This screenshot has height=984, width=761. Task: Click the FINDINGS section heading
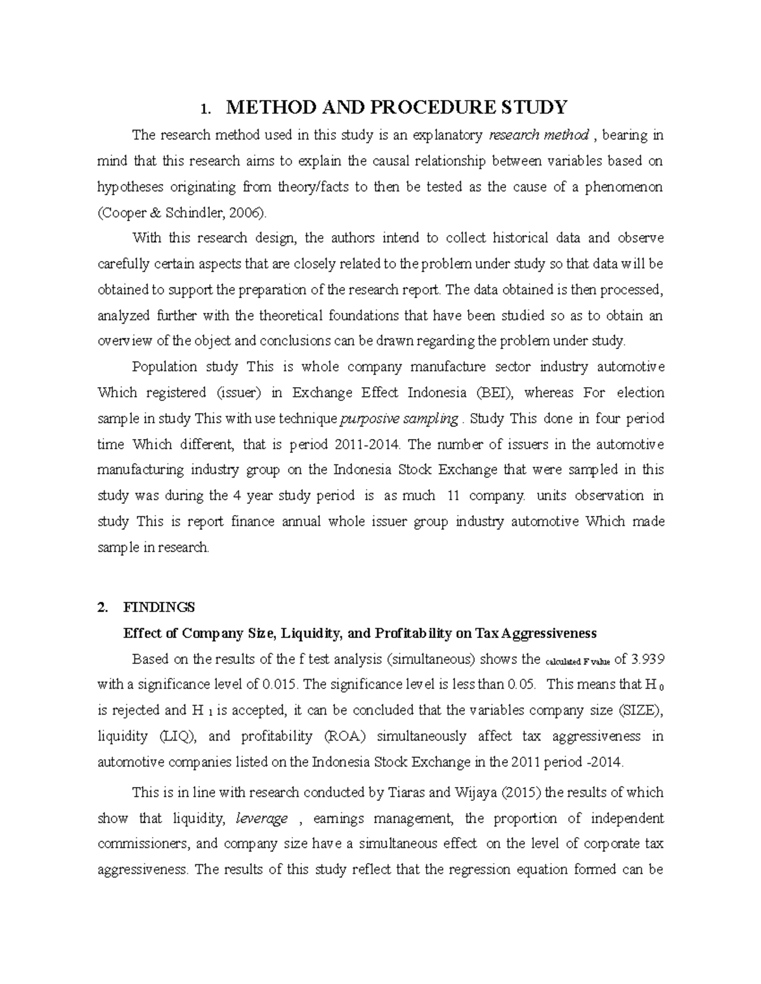(x=159, y=607)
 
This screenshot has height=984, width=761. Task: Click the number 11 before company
(x=453, y=496)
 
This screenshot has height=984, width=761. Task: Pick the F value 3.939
(x=644, y=659)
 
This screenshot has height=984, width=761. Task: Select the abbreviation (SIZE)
(x=640, y=710)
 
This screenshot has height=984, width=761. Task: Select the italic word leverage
(x=261, y=818)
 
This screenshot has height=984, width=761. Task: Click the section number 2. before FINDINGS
(x=102, y=607)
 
